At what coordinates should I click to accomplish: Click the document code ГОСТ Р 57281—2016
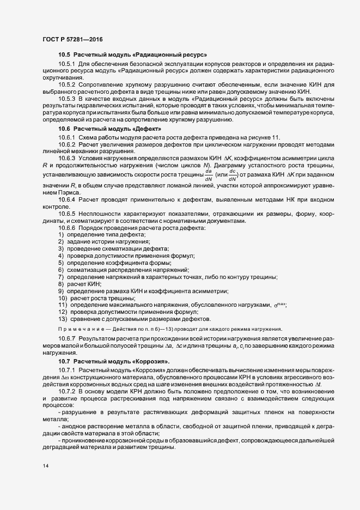point(72,39)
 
